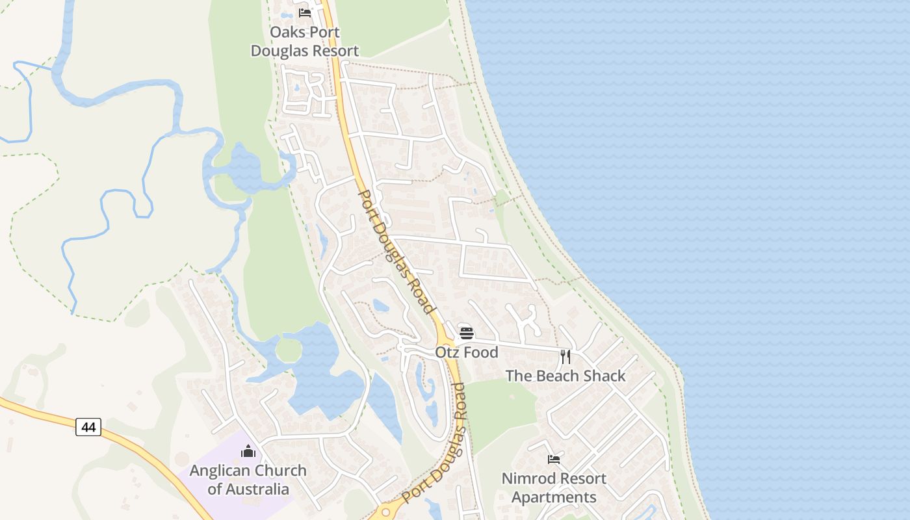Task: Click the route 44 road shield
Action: point(88,427)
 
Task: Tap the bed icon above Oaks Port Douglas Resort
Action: point(304,12)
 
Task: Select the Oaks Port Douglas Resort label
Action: point(305,42)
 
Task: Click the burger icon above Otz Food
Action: point(467,333)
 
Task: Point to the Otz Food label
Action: point(467,352)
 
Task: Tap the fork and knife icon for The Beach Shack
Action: point(565,356)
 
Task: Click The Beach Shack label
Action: point(565,376)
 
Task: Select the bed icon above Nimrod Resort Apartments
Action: point(554,460)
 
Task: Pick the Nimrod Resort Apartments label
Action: point(554,487)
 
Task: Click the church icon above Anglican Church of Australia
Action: point(248,451)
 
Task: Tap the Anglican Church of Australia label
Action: point(248,480)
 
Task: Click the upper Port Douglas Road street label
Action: point(396,252)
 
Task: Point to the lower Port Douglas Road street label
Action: point(434,443)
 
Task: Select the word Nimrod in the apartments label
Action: point(528,478)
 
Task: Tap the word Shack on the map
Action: point(604,376)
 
